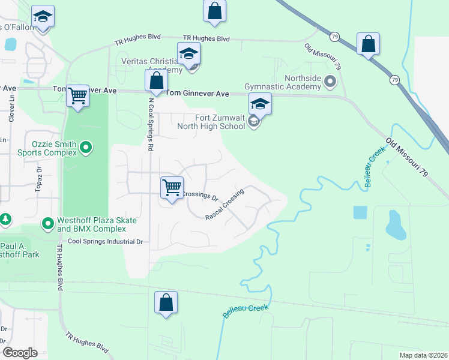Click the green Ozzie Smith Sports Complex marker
[85, 147]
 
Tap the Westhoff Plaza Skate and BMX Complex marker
[48, 224]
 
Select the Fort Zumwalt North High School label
[211, 122]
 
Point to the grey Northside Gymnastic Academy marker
[329, 80]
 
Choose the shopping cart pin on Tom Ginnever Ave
[77, 95]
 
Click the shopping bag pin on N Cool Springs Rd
[156, 80]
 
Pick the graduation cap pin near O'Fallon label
[43, 17]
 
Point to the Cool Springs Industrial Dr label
[105, 242]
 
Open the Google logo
[20, 353]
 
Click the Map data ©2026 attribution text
[423, 355]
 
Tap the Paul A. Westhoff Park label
[20, 250]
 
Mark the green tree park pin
[5, 220]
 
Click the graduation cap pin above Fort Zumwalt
[260, 103]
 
